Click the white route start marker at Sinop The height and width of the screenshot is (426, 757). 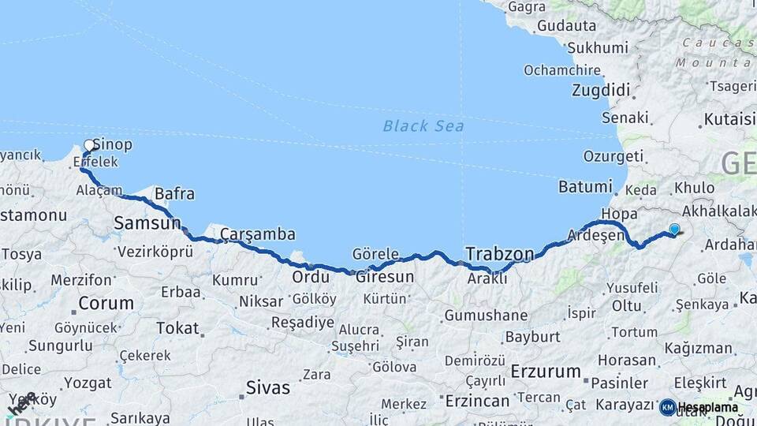tap(89, 145)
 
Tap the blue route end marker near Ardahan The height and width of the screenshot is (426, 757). tap(674, 230)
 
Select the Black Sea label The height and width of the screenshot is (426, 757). tap(423, 126)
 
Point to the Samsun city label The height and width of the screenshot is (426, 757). tap(147, 223)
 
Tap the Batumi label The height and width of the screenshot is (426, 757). tap(585, 187)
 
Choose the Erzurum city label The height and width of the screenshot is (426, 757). tap(546, 371)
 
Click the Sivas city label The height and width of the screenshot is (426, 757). tap(268, 388)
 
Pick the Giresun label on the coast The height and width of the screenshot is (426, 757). tap(385, 277)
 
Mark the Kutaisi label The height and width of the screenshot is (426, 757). tap(726, 120)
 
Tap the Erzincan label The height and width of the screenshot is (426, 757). tap(477, 402)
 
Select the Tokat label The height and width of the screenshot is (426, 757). tap(177, 327)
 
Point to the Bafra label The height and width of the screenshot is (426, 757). tap(175, 193)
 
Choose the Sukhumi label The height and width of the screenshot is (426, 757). tap(598, 47)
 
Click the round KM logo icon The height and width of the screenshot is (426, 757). tap(667, 407)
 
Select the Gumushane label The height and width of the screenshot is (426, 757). tap(486, 316)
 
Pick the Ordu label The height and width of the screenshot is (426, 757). tap(310, 278)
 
